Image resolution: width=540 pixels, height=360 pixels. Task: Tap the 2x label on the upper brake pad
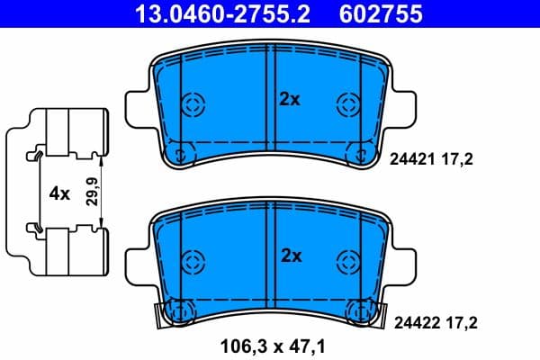(x=288, y=101)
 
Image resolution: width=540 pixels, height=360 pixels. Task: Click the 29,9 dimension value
(x=90, y=192)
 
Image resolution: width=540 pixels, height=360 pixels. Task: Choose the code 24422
(x=409, y=320)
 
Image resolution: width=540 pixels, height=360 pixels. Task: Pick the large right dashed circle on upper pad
(x=348, y=103)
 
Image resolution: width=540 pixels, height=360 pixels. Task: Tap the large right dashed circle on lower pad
(x=348, y=261)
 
